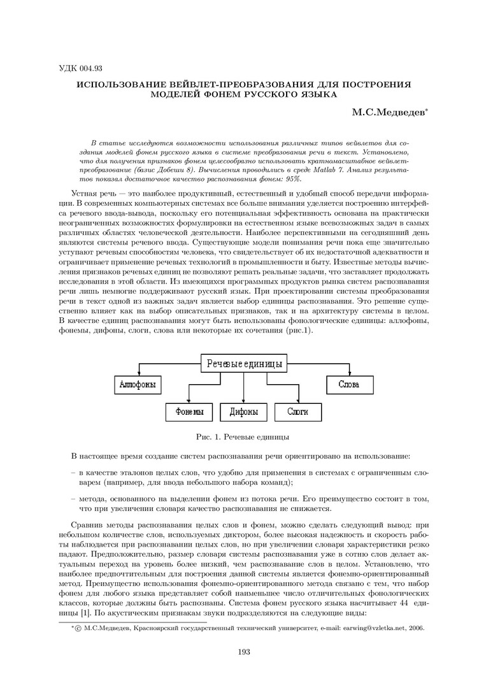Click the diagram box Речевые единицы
pos(243,364)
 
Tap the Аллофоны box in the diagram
pos(138,385)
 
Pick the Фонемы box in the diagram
pos(189,412)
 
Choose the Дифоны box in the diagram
pos(243,412)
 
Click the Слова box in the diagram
pos(348,385)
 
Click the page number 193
pos(243,652)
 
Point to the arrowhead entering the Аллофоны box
pos(139,375)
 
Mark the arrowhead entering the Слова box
pos(348,375)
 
